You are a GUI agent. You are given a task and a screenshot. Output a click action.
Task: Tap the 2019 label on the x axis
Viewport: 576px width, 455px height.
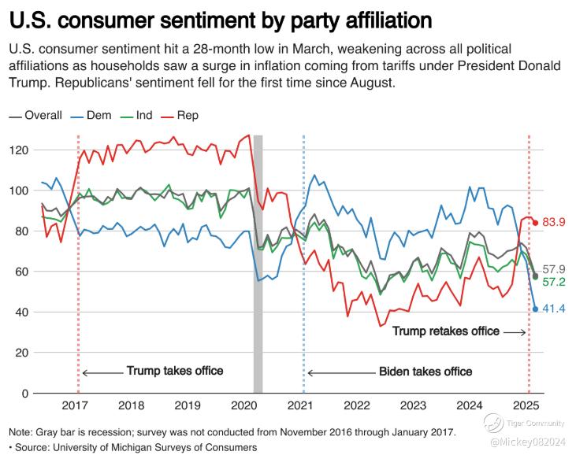tap(187, 406)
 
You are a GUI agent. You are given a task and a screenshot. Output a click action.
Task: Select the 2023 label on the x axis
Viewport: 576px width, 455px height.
tap(412, 406)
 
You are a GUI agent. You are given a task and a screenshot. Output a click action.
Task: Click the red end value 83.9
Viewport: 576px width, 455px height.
tap(556, 223)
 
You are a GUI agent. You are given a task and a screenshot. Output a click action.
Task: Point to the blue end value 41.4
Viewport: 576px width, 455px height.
tap(556, 309)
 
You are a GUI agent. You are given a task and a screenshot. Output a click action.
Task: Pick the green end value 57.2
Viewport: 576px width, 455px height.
tap(556, 282)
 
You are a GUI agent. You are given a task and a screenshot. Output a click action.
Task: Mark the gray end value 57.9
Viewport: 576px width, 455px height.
tap(556, 269)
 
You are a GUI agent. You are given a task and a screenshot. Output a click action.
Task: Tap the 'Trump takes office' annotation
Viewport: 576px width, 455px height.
tap(175, 371)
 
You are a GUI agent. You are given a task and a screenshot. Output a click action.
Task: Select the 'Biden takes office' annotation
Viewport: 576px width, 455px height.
tap(425, 372)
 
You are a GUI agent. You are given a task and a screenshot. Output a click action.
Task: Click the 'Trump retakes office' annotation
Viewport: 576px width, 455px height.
tap(446, 331)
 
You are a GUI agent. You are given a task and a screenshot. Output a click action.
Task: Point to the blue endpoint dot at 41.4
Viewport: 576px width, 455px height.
tap(536, 309)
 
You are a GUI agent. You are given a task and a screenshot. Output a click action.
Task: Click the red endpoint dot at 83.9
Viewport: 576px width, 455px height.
tap(536, 223)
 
